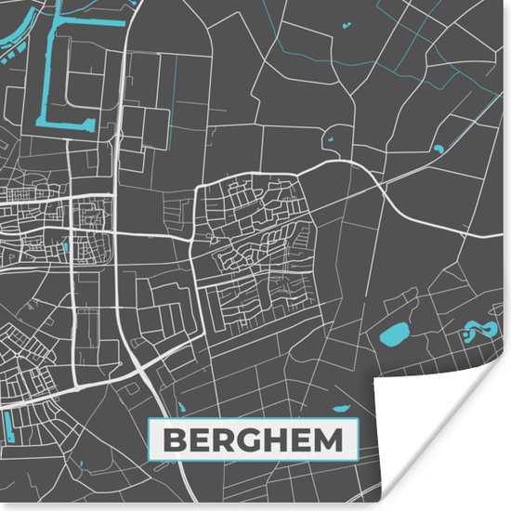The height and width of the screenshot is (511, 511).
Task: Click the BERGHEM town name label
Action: coord(254,440)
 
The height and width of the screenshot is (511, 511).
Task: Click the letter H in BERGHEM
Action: coord(269,440)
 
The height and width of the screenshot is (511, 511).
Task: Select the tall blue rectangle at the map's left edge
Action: coord(7,427)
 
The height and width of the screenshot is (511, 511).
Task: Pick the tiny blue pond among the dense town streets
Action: coord(67,246)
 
